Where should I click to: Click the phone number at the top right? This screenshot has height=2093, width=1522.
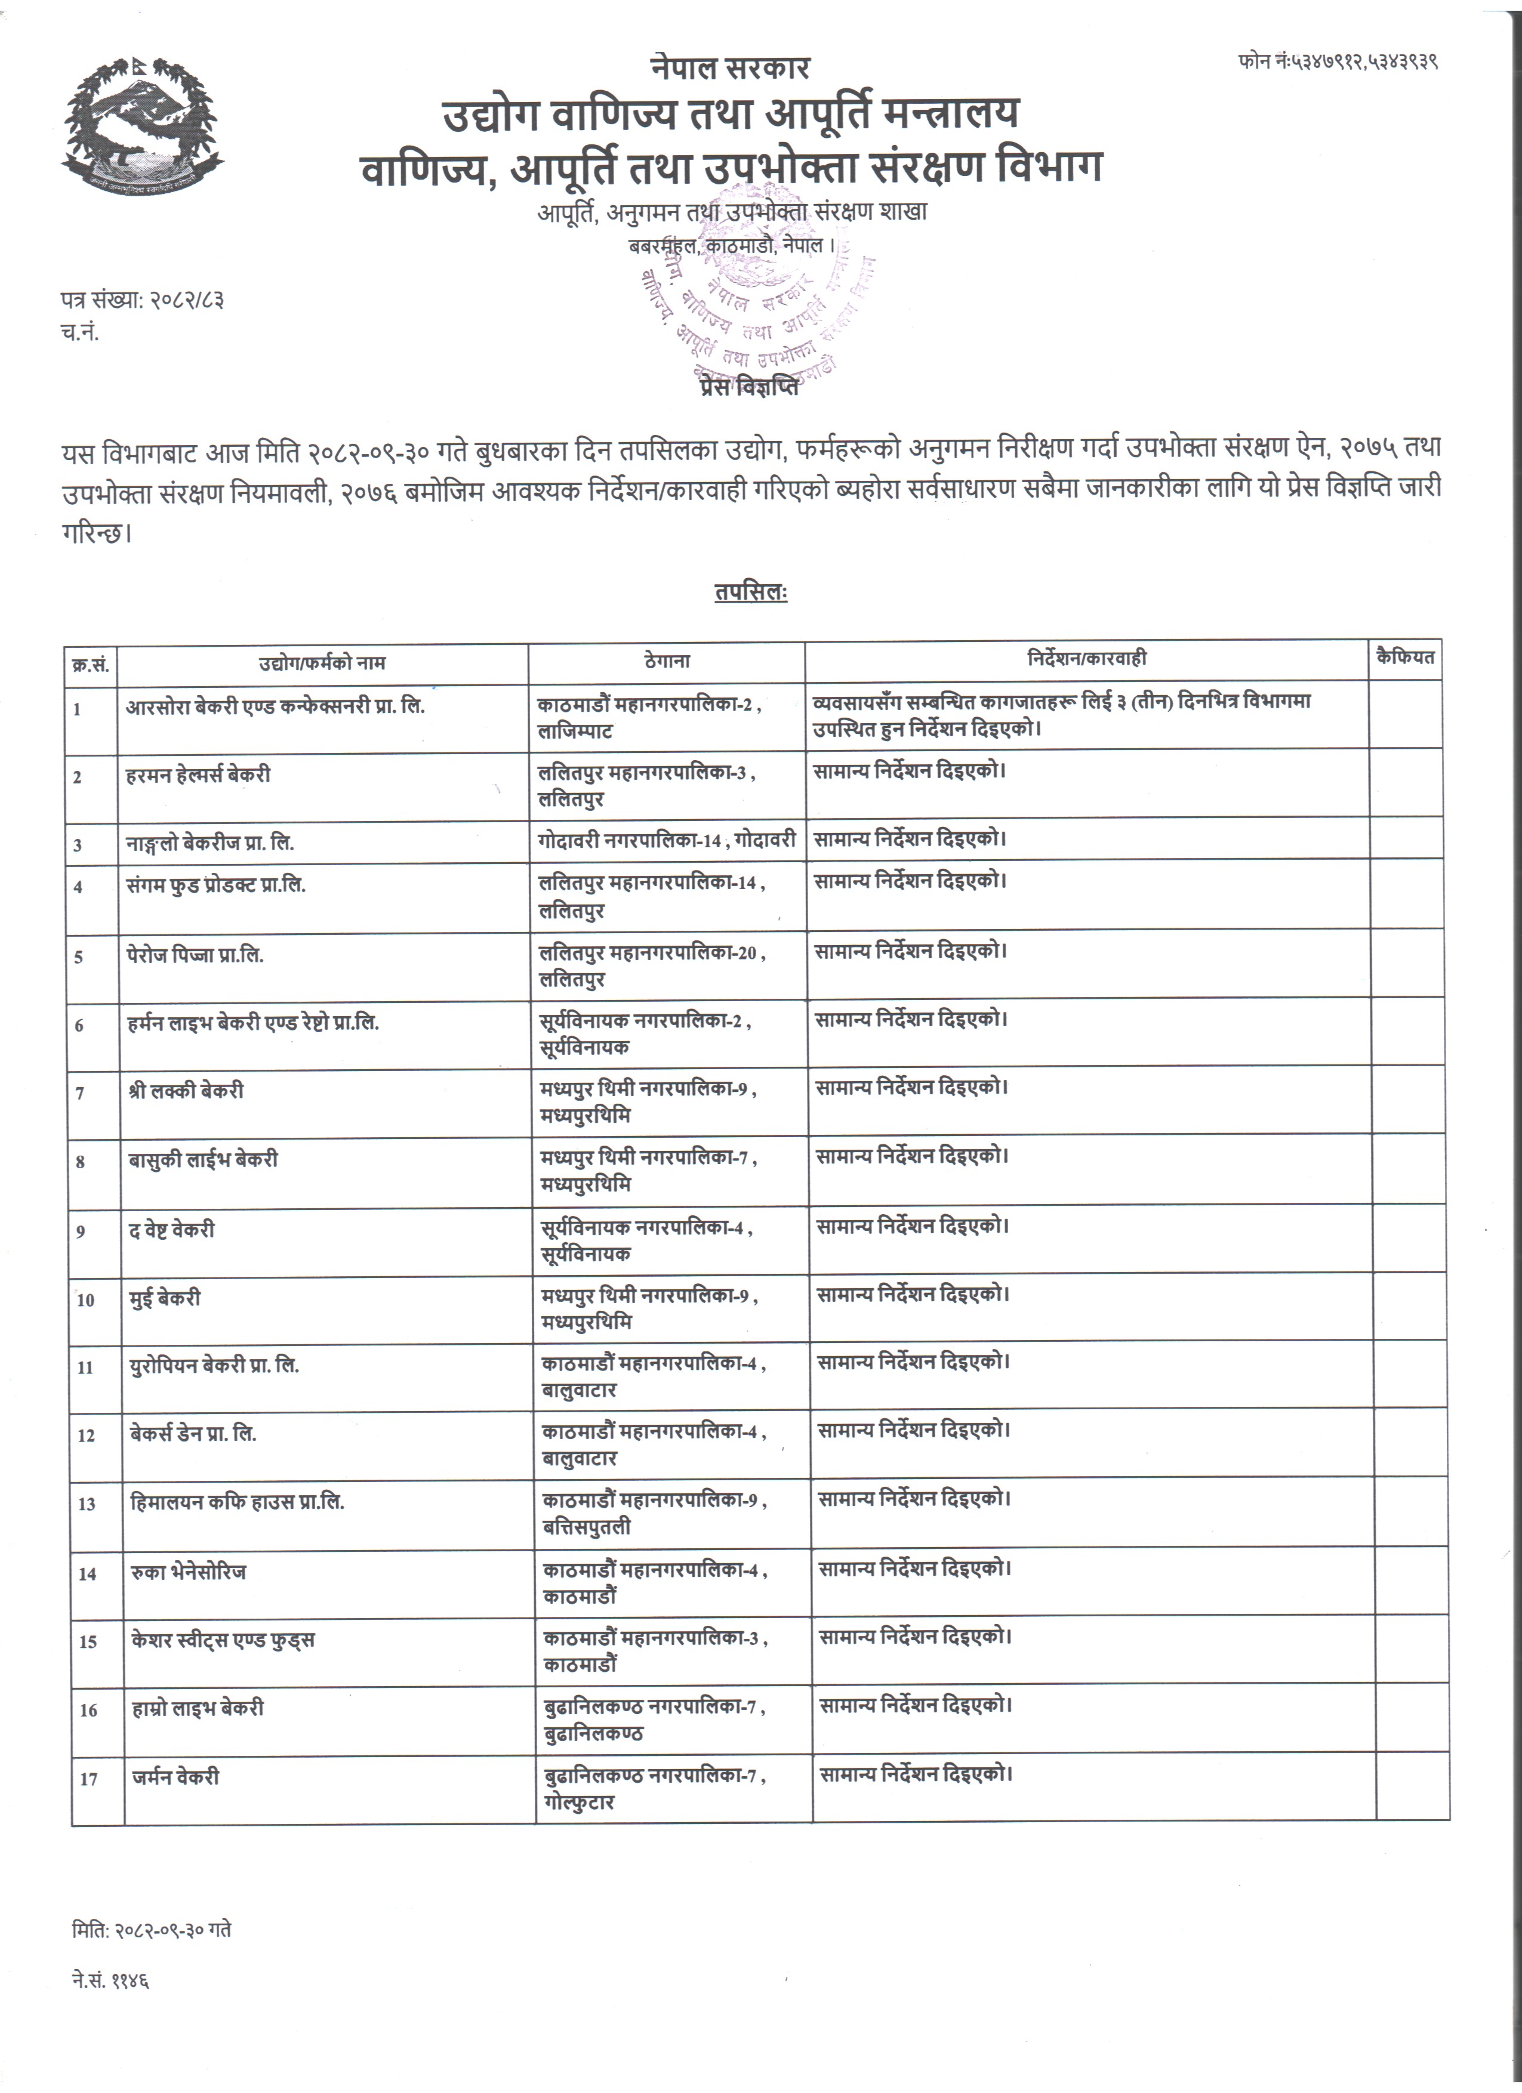pos(1338,62)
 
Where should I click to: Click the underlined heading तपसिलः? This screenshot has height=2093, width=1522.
pos(750,592)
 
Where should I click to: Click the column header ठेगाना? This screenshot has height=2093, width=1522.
pos(666,660)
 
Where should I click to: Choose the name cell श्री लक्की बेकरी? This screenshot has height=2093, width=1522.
pos(186,1091)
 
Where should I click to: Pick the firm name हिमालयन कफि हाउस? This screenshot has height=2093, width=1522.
pos(237,1502)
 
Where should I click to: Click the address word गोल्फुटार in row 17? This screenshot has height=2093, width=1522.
pos(579,1802)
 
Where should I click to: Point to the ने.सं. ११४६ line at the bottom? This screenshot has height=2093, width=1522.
pos(111,1980)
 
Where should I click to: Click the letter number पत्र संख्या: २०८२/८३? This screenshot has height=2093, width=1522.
pos(143,301)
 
